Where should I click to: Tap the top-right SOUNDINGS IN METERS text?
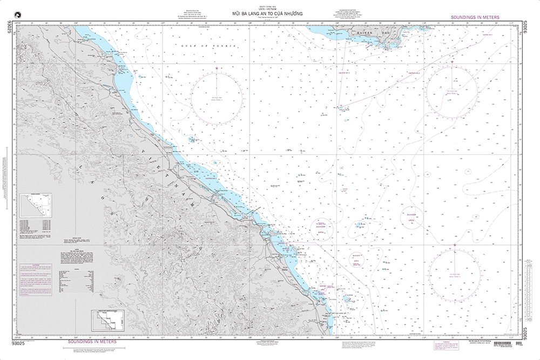(475, 18)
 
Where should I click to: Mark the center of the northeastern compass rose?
(451, 89)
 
